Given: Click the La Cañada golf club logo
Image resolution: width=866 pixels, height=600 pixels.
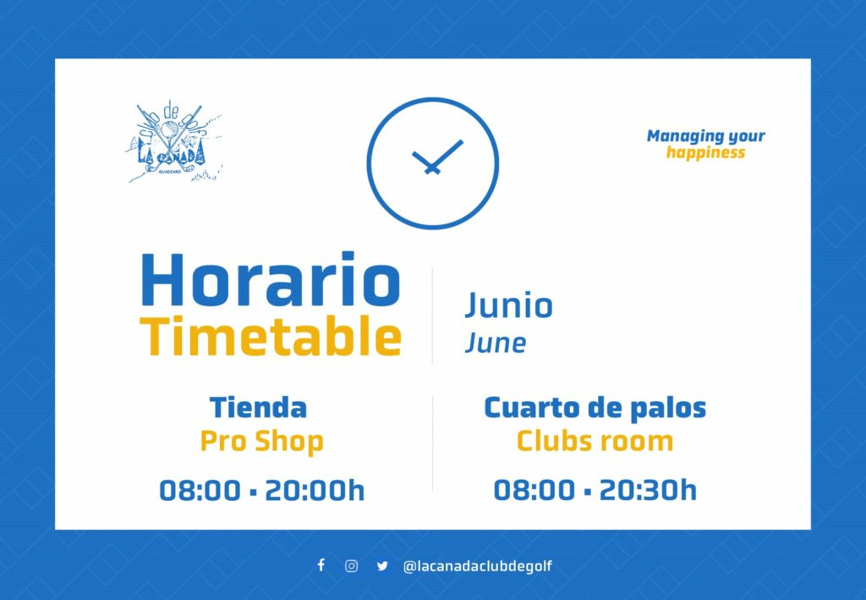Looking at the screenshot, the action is tap(174, 141).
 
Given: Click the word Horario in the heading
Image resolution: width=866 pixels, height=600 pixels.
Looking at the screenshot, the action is tap(270, 279).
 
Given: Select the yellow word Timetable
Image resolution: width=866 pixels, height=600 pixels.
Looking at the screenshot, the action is tap(271, 336).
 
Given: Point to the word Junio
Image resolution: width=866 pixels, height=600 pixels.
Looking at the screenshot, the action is tap(508, 305).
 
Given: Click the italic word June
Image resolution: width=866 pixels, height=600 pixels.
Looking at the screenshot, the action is tap(496, 343).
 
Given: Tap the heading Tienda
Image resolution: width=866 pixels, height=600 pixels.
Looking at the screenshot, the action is tap(258, 408).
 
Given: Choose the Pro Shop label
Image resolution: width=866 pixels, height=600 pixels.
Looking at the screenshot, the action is tap(262, 442).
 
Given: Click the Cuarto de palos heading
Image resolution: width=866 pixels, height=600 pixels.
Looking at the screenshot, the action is tap(595, 409).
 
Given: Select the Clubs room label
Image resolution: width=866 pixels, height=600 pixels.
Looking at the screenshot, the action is tap(595, 442).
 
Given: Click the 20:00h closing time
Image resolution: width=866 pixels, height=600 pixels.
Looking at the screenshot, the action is tap(315, 491).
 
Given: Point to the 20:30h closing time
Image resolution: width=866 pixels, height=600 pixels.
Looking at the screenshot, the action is tap(648, 490).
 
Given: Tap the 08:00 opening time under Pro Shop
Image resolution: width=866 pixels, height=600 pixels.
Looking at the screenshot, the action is tap(200, 491).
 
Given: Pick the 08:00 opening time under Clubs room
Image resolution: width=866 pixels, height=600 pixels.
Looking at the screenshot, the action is tap(534, 490).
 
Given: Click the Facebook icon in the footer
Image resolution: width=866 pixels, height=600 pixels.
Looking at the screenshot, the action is tap(321, 564).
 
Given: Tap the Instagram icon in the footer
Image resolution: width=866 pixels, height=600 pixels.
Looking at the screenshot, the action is tap(351, 566).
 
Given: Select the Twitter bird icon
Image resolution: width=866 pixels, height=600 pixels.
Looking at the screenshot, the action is tap(382, 566).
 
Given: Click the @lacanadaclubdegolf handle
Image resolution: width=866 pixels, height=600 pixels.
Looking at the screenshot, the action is tap(478, 566).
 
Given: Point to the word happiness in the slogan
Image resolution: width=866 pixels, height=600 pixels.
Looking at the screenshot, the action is tap(705, 153).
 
